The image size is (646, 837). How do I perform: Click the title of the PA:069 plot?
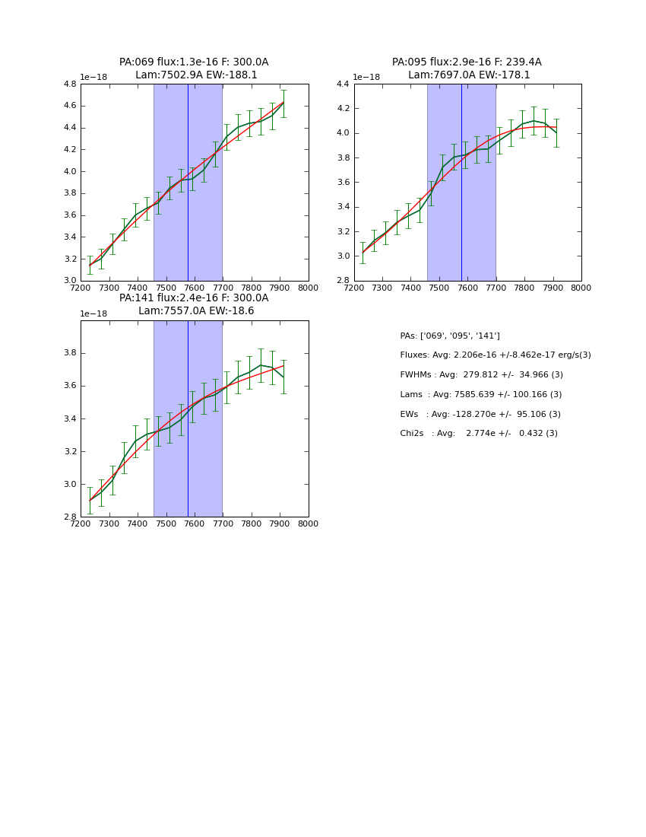(194, 68)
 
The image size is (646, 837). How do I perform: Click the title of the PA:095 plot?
(467, 68)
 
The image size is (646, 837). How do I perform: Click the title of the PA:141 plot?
(194, 304)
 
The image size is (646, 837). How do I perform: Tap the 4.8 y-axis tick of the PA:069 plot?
(70, 84)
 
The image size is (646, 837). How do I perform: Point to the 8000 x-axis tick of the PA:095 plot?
(581, 288)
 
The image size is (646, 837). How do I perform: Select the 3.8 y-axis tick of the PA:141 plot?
(70, 353)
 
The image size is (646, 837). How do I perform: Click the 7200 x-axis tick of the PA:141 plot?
(81, 524)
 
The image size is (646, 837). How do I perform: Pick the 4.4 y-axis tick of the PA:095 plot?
(344, 84)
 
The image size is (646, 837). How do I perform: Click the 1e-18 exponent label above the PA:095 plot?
(366, 77)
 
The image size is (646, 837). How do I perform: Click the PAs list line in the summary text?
(450, 336)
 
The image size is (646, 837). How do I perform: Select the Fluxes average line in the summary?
(495, 355)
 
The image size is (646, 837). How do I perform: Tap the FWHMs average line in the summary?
(481, 375)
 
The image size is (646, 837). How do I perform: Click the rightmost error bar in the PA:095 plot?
(556, 132)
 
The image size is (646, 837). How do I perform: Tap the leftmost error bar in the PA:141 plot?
(90, 500)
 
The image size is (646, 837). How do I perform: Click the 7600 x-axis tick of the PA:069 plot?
(195, 288)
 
